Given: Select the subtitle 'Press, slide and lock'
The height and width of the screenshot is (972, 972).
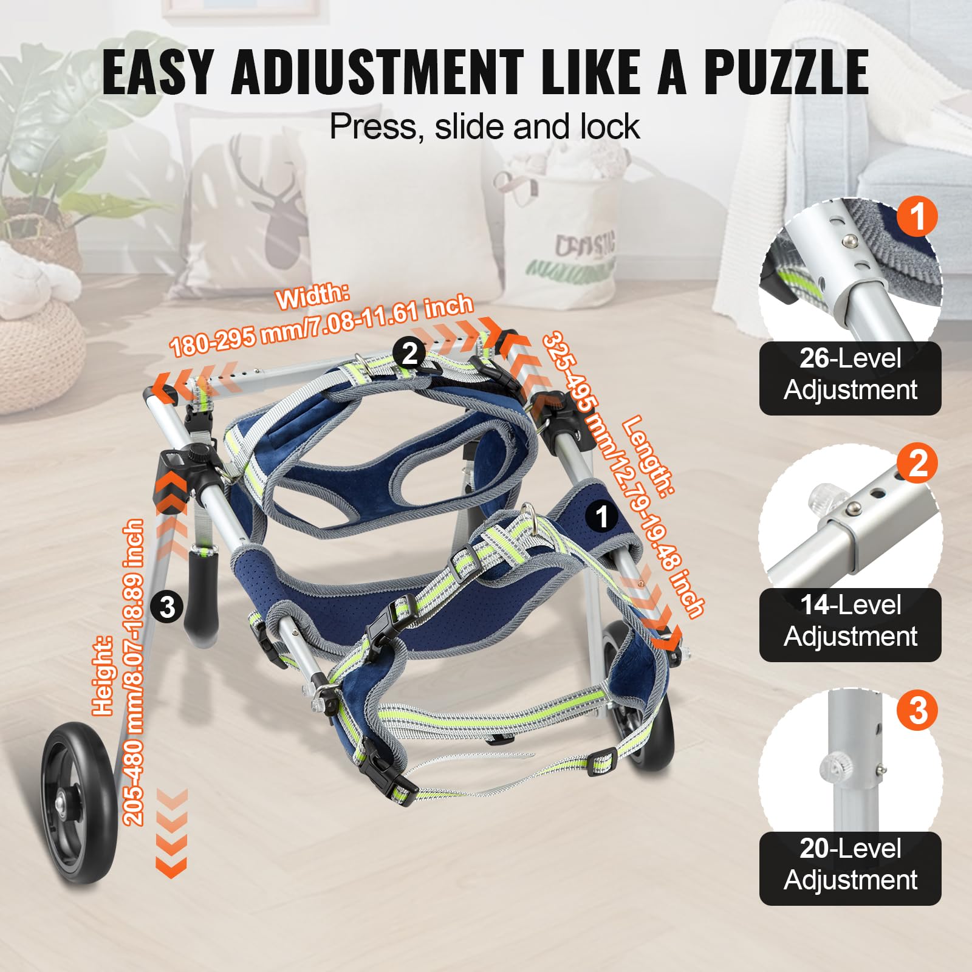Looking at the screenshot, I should (x=484, y=126).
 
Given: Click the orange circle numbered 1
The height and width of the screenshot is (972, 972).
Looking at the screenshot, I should (x=917, y=216).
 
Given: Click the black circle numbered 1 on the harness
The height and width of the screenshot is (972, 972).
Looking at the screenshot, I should (x=602, y=516).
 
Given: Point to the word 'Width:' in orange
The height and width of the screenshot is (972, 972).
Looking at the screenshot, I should (x=313, y=296).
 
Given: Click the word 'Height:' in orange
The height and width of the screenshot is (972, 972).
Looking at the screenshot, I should (x=103, y=674).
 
